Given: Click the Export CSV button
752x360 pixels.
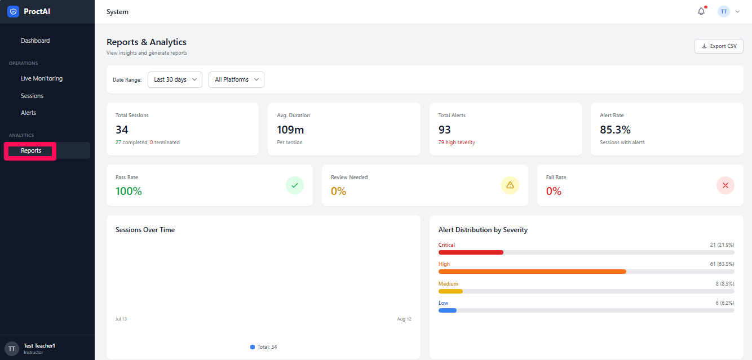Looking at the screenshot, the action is coord(719,46).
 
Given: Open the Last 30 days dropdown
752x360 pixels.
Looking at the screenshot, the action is coord(175,79).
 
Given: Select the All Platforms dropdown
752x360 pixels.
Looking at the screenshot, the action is coord(236,79).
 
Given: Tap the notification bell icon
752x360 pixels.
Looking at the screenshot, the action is coord(701,11).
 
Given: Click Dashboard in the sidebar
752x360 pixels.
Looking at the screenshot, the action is coord(36,41).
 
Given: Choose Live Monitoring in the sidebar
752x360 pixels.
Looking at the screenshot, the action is coord(42,78).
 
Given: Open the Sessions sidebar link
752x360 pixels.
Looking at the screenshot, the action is coord(32,96).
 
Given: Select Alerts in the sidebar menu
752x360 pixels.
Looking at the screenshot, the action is coord(28,113).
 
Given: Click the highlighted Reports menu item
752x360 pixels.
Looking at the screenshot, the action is coord(31,150).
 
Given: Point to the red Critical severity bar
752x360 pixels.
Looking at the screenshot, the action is coord(471,252).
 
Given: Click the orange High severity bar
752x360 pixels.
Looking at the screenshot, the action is coord(532,272).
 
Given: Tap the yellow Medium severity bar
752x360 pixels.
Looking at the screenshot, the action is coord(450,291).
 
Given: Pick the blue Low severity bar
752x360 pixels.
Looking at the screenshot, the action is coord(448,310).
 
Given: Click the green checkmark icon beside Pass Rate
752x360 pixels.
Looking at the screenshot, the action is coord(295,185).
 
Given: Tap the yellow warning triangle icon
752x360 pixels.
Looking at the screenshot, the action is coord(510,185).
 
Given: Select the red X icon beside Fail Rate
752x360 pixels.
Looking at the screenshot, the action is coord(725,185).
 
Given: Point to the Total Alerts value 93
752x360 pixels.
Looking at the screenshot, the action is coord(444,130).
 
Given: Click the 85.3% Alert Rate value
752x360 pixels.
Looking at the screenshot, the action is coord(615,130).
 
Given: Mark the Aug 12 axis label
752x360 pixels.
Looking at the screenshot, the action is coord(404,319).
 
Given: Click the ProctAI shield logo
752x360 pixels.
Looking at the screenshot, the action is coord(13,11).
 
